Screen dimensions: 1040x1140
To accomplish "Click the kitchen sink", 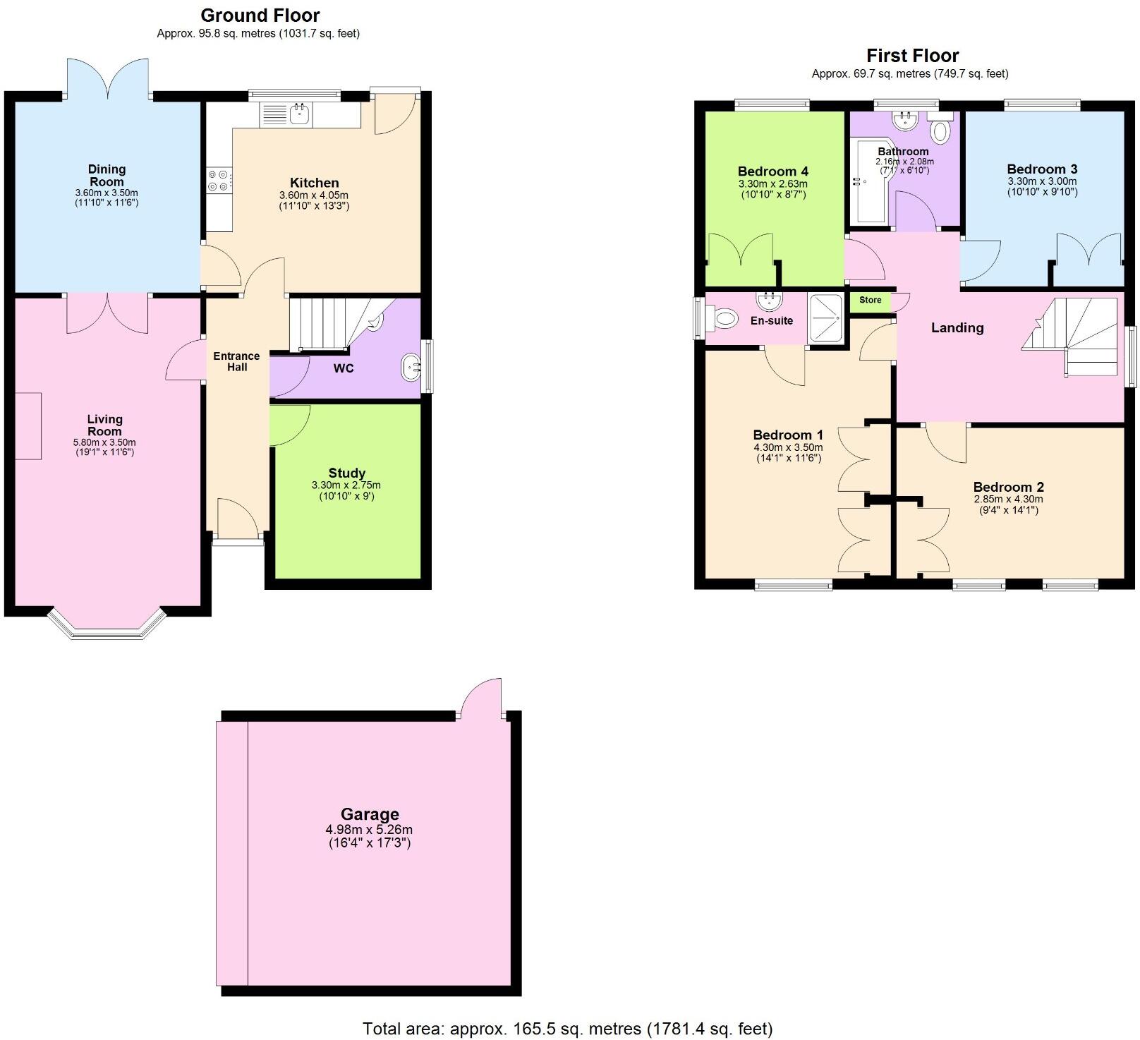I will point(301,114).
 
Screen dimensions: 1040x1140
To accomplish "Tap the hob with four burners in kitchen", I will point(218,181).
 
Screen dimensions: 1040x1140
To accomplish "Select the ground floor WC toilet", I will point(376,321).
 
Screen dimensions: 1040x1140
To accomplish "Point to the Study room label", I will point(346,473).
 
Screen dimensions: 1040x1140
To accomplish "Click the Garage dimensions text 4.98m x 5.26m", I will point(369,830).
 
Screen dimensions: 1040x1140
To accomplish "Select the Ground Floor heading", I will point(260,16).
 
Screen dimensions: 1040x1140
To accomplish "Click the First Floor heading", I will point(912,56).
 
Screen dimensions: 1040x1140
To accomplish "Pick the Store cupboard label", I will point(870,300).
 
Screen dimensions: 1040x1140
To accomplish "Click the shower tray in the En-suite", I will point(826,318).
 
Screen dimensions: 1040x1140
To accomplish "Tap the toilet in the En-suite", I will point(722,318).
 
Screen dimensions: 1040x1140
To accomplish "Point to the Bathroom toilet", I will point(940,131).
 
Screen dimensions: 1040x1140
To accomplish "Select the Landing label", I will point(957,327).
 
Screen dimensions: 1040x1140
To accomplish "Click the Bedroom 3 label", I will point(1041,169).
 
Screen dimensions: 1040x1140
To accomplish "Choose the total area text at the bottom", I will point(567,1028).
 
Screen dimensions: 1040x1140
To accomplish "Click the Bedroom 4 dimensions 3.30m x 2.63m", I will point(772,183).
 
